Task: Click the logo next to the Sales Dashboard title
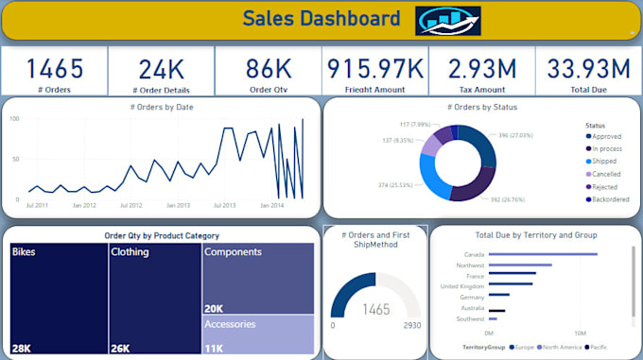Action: [x=447, y=20]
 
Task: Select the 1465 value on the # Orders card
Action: [x=54, y=68]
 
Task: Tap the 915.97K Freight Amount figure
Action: [x=375, y=68]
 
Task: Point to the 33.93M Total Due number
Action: [x=588, y=68]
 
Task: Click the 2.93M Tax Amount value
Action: [x=482, y=68]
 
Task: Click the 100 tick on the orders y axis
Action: [x=15, y=119]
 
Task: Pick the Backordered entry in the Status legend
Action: [x=610, y=199]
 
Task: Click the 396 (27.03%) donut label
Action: [x=515, y=135]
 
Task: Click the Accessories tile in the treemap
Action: [x=258, y=334]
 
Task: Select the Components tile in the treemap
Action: [x=258, y=278]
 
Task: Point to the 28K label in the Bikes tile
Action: [x=23, y=347]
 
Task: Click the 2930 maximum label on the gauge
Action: [x=411, y=325]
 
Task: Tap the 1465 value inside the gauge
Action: [x=376, y=309]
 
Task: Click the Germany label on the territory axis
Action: [x=470, y=296]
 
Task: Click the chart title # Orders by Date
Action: [x=161, y=107]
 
